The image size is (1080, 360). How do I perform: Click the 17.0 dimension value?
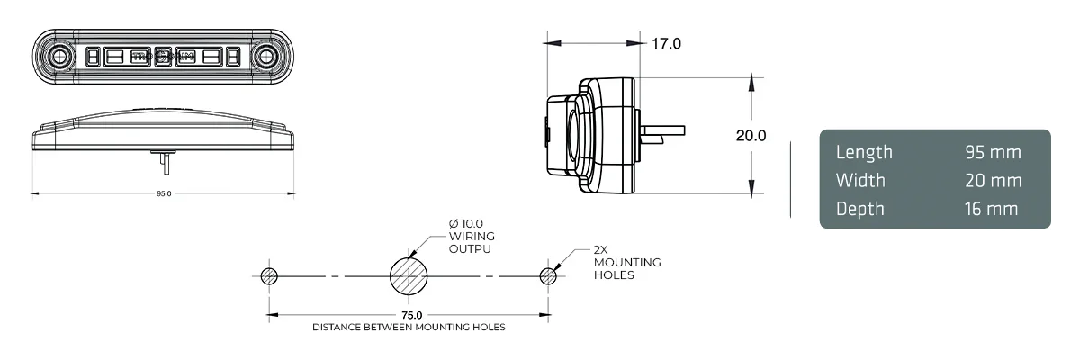[x=666, y=43]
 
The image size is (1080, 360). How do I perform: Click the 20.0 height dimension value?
[x=751, y=136]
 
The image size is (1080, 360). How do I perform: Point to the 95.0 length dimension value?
[x=163, y=193]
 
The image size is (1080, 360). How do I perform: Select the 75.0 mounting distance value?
[x=412, y=315]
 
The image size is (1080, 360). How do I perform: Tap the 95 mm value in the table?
[x=993, y=152]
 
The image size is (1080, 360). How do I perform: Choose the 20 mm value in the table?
[x=993, y=181]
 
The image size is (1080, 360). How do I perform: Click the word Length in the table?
[x=864, y=152]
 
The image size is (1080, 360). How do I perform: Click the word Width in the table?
[x=860, y=181]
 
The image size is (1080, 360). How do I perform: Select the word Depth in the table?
[x=860, y=209]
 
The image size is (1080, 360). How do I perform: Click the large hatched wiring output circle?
[x=409, y=275]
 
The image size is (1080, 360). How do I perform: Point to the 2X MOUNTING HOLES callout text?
[x=626, y=262]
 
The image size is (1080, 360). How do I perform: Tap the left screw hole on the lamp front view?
[x=58, y=58]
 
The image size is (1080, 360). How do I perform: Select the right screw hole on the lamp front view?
[x=266, y=58]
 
